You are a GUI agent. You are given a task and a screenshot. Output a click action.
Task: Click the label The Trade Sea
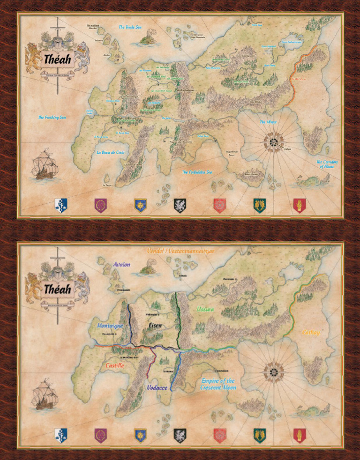click(130, 27)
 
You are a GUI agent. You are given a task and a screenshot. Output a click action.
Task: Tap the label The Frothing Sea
click(52, 118)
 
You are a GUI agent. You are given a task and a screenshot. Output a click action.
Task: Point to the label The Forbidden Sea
click(197, 172)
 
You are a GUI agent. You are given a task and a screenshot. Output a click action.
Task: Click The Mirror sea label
click(269, 122)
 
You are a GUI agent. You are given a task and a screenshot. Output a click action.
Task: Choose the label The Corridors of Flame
click(327, 164)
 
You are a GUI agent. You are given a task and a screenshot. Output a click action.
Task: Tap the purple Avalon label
click(121, 265)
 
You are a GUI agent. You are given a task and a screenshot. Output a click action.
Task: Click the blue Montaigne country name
click(110, 325)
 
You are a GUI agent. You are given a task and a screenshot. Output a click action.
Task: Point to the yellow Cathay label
click(311, 333)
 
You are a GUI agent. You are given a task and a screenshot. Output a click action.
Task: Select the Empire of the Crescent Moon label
click(217, 384)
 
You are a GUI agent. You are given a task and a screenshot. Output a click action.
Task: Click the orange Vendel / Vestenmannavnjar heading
click(180, 252)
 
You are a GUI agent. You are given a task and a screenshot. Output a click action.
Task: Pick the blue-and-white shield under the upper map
click(61, 205)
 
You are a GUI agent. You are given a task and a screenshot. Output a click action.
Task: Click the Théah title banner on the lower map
click(58, 289)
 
